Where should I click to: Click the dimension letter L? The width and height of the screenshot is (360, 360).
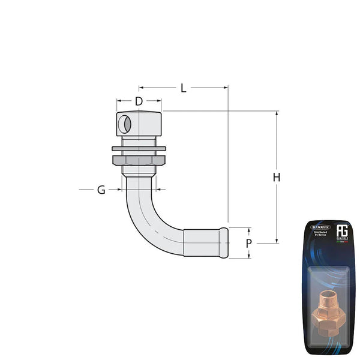[183, 88]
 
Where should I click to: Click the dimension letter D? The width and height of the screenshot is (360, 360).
[139, 101]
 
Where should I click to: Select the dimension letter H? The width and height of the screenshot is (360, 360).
[276, 178]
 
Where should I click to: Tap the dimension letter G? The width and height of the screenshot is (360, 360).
[101, 190]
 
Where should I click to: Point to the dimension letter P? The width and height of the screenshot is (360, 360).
[249, 243]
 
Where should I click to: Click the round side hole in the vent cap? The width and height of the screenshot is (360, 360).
[124, 125]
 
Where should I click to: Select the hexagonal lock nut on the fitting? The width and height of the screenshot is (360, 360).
[139, 160]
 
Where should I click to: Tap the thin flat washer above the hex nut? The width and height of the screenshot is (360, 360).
[139, 148]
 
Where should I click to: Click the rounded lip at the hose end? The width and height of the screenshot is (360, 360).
[224, 242]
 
